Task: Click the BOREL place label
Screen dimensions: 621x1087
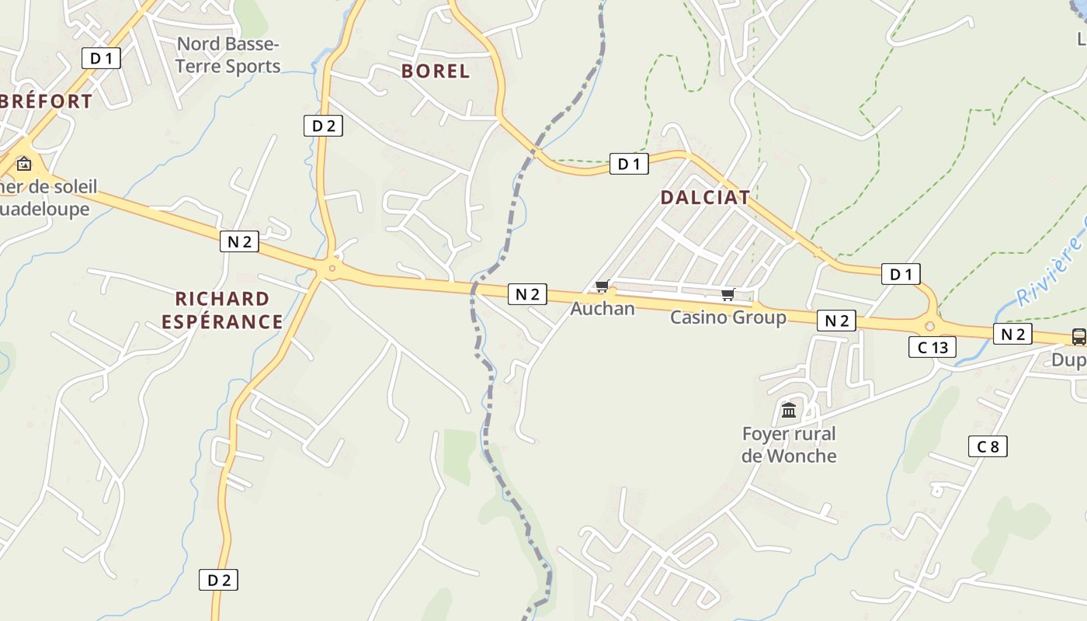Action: (x=436, y=71)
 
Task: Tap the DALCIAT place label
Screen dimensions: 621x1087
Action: (x=705, y=197)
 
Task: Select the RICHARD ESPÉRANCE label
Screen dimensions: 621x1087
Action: (x=222, y=310)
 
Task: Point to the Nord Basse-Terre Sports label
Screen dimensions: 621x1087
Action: (x=227, y=54)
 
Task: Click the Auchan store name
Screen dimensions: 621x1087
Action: (x=603, y=308)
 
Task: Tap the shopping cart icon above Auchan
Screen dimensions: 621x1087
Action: (x=603, y=286)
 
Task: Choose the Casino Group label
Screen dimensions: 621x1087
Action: (x=728, y=317)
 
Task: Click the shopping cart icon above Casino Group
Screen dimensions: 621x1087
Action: (x=728, y=294)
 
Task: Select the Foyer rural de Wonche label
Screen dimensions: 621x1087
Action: (x=789, y=444)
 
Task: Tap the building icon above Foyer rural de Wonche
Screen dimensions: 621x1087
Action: (x=789, y=409)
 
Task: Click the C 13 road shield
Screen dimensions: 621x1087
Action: (x=932, y=347)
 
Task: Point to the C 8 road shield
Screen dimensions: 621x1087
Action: (x=988, y=446)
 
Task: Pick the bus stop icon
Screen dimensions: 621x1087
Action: (x=1078, y=336)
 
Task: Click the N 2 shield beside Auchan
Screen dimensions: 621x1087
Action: (x=527, y=293)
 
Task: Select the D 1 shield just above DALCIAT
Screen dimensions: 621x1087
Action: (x=628, y=164)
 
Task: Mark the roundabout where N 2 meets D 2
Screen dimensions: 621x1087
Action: (x=332, y=269)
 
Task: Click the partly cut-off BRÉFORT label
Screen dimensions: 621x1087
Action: (x=47, y=101)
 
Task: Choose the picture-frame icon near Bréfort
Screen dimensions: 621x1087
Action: (x=24, y=163)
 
